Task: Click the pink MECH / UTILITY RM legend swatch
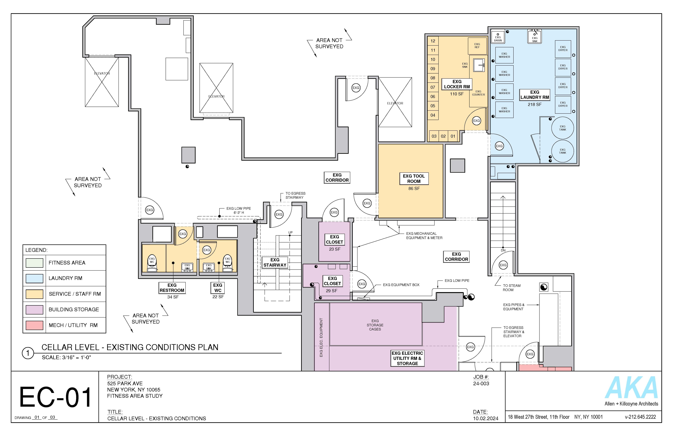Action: coord(34,325)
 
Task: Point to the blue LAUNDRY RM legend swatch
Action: coord(34,278)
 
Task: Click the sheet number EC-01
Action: coord(55,397)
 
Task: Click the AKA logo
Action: coord(631,388)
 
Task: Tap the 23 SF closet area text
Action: coord(335,249)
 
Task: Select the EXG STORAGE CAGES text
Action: coord(375,325)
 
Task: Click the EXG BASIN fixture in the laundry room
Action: coord(498,36)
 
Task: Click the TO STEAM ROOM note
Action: coord(511,288)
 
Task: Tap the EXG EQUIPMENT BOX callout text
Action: coord(401,285)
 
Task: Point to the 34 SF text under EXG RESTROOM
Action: coord(173,297)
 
